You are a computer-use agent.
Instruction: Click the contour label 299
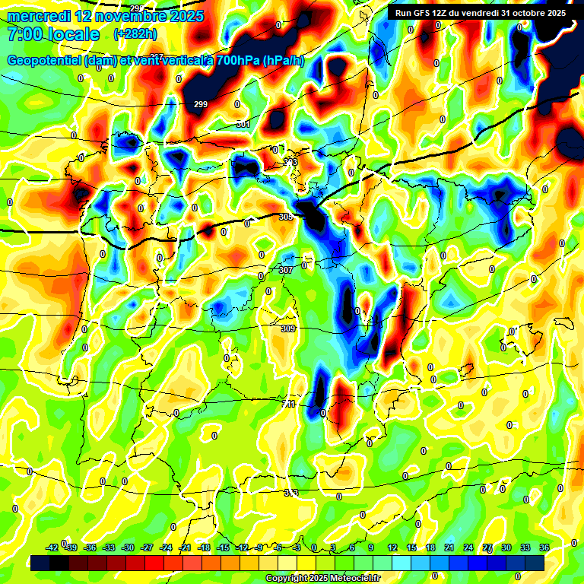[x=201, y=104]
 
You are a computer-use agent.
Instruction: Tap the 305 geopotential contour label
[x=286, y=217]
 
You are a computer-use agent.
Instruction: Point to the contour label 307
[x=286, y=270]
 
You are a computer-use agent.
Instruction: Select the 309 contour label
[x=287, y=328]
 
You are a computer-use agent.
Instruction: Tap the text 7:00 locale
[x=52, y=34]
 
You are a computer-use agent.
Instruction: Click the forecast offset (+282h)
[x=135, y=34]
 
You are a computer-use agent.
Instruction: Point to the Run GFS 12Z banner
[x=481, y=13]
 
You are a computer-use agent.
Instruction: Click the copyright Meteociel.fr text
[x=322, y=578]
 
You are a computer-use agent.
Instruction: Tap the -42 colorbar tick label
[x=52, y=547]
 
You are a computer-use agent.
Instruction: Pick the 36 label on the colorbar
[x=544, y=547]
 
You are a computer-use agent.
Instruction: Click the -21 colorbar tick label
[x=184, y=547]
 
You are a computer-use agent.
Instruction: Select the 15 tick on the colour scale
[x=411, y=547]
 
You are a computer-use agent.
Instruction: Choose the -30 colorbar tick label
[x=127, y=547]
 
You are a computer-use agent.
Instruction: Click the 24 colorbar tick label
[x=468, y=547]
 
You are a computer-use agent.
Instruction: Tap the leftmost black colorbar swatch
[x=41, y=562]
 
